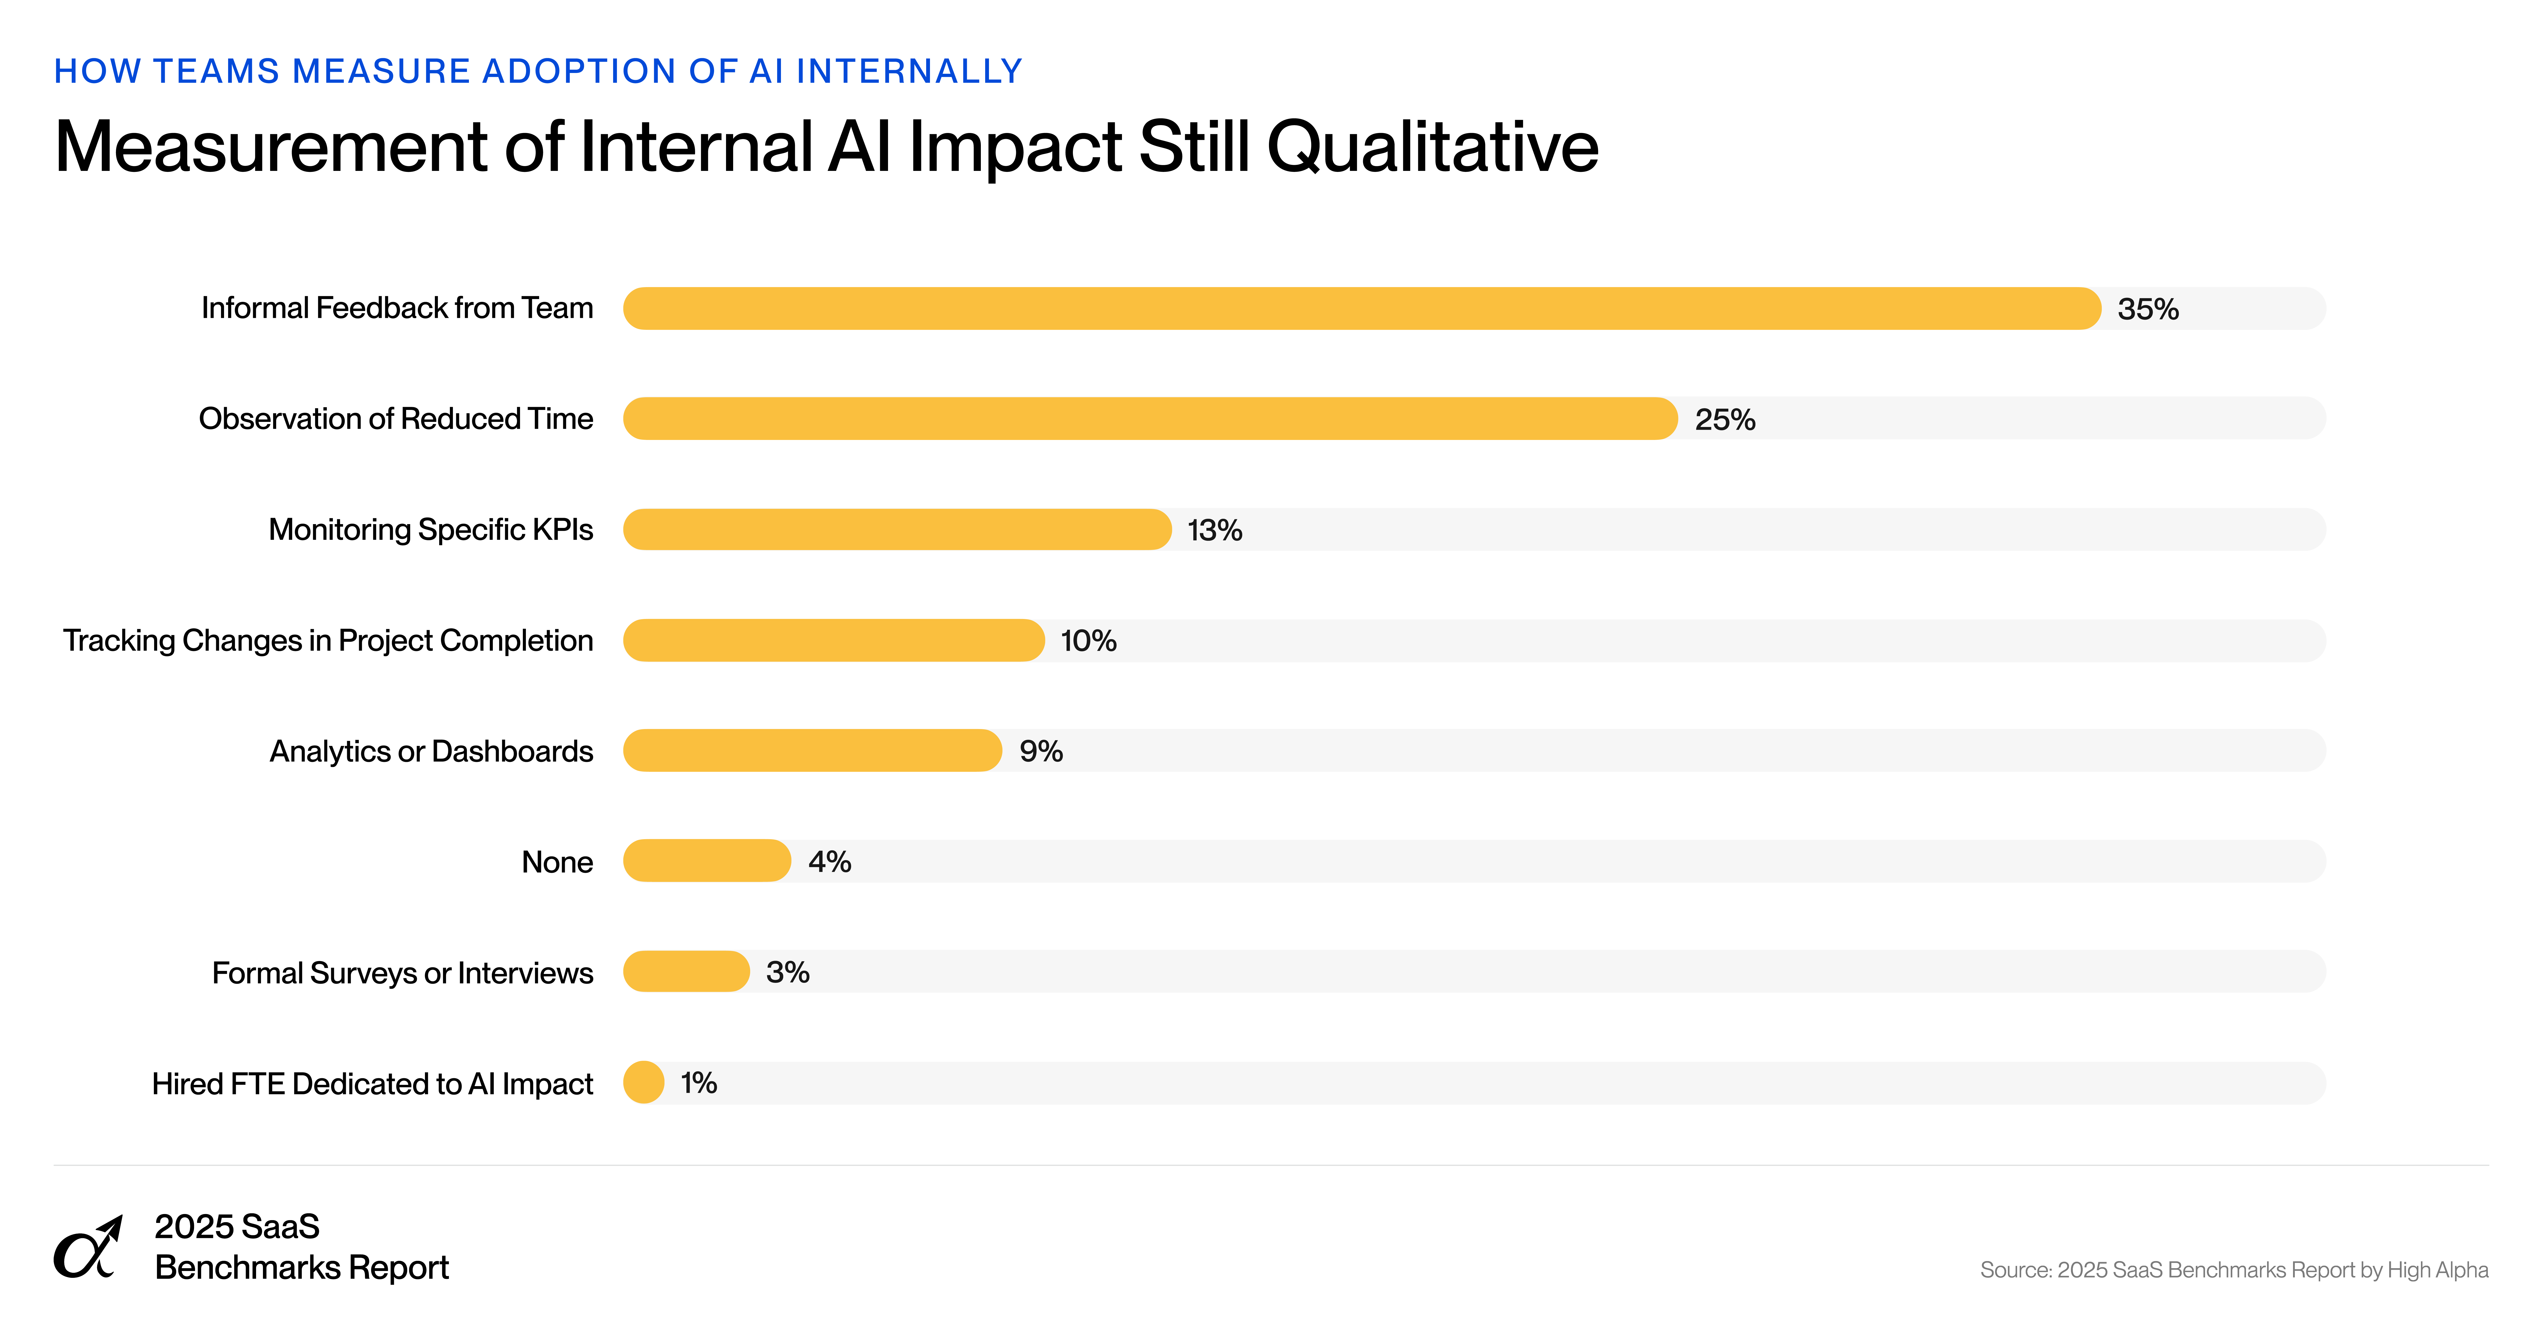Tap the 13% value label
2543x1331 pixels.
[x=1214, y=530]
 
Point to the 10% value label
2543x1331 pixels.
[x=1088, y=641]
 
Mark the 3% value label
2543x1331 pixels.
[x=787, y=973]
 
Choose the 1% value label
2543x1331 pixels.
[x=698, y=1083]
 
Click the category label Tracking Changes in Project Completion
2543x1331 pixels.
[x=328, y=641]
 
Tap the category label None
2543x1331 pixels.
[x=557, y=862]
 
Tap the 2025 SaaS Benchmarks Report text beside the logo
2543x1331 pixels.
[x=301, y=1247]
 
